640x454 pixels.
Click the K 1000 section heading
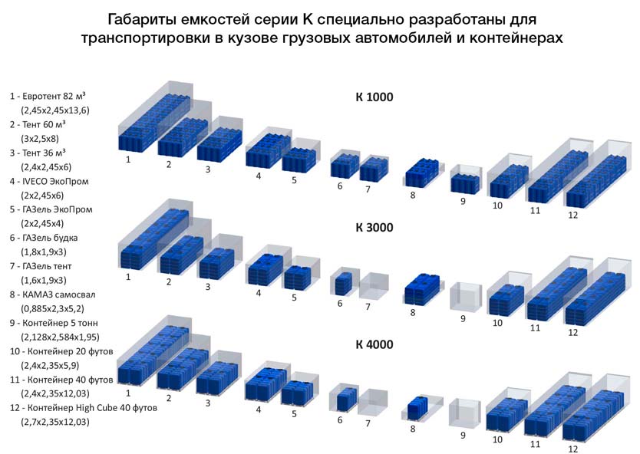coord(374,97)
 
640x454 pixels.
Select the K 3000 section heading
coord(374,227)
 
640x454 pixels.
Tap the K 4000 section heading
coord(374,344)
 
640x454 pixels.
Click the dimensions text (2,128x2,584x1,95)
coord(60,337)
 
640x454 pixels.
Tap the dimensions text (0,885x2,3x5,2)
coord(52,309)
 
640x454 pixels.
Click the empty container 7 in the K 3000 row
coord(374,285)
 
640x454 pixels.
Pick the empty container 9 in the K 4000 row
coord(464,414)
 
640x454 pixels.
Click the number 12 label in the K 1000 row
coord(573,215)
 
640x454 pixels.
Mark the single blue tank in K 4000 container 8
coord(417,407)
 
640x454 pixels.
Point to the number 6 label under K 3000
coord(340,304)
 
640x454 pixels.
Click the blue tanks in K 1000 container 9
coord(465,184)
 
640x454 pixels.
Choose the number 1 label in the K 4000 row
coord(128,393)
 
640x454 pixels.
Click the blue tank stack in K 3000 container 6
coord(343,284)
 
